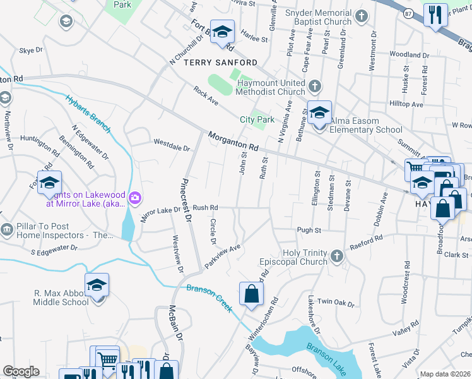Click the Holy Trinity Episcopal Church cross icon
[x=337, y=256]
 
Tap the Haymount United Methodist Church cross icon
[x=314, y=85]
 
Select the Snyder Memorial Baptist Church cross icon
[x=361, y=16]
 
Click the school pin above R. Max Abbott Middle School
[x=97, y=286]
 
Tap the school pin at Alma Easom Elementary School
[x=319, y=113]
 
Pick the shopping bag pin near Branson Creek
[x=251, y=293]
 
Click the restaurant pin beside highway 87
[x=435, y=15]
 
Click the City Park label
[x=257, y=119]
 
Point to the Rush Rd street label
[x=205, y=207]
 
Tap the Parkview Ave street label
[x=223, y=255]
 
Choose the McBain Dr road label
[x=171, y=324]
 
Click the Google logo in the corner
[x=21, y=371]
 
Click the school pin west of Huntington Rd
[x=49, y=183]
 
